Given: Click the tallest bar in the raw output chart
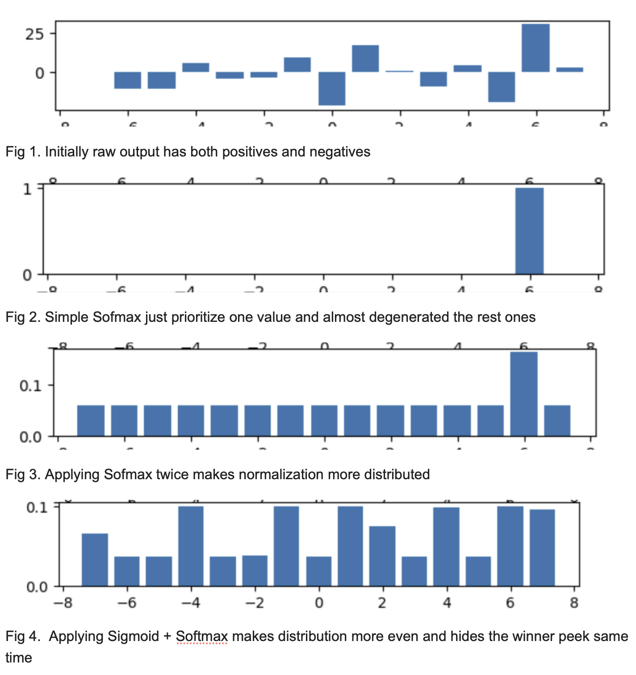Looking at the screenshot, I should [x=536, y=48].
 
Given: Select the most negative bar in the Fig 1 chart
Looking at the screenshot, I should [x=332, y=89].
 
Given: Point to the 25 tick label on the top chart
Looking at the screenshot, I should [x=34, y=34].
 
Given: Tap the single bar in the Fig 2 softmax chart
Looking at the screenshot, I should [x=529, y=231].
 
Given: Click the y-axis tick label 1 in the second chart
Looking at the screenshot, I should [x=27, y=189].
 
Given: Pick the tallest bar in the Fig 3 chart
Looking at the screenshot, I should [x=524, y=394].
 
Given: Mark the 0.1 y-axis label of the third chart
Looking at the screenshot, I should [x=30, y=385].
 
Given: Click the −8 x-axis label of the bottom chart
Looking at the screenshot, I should [x=63, y=603].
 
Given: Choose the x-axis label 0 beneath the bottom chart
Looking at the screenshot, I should [x=319, y=603].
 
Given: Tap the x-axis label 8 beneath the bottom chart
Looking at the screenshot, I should [x=574, y=603].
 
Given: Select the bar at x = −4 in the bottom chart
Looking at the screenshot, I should [x=191, y=546].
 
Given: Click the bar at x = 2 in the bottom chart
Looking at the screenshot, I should [x=382, y=556].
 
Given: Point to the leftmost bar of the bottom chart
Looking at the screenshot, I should [x=95, y=560].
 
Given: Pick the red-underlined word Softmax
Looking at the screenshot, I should [x=202, y=636].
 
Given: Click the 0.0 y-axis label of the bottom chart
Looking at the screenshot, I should [x=37, y=587].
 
